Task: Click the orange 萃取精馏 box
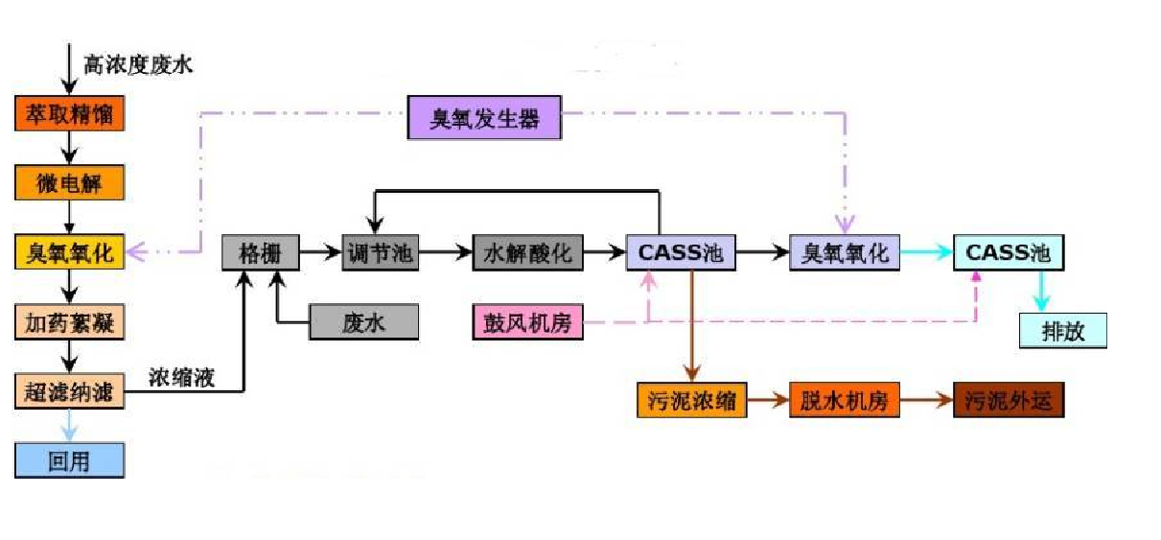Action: pyautogui.click(x=70, y=115)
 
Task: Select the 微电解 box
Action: pyautogui.click(x=70, y=182)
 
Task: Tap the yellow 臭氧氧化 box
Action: pyautogui.click(x=70, y=253)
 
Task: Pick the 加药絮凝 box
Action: pyautogui.click(x=70, y=323)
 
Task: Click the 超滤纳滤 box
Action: pyautogui.click(x=70, y=391)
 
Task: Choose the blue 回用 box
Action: pyautogui.click(x=70, y=460)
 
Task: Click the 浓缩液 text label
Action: pyautogui.click(x=182, y=377)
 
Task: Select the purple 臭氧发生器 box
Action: pyautogui.click(x=484, y=120)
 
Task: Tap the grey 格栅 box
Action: pyautogui.click(x=260, y=253)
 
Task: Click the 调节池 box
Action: pyautogui.click(x=380, y=253)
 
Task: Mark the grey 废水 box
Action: pyautogui.click(x=363, y=323)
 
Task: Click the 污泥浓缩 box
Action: pyautogui.click(x=690, y=401)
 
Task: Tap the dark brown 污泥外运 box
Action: pyautogui.click(x=1009, y=401)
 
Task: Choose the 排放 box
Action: pyautogui.click(x=1063, y=330)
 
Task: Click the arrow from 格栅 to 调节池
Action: pyautogui.click(x=319, y=253)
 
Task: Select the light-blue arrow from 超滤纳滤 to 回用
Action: pyautogui.click(x=70, y=425)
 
